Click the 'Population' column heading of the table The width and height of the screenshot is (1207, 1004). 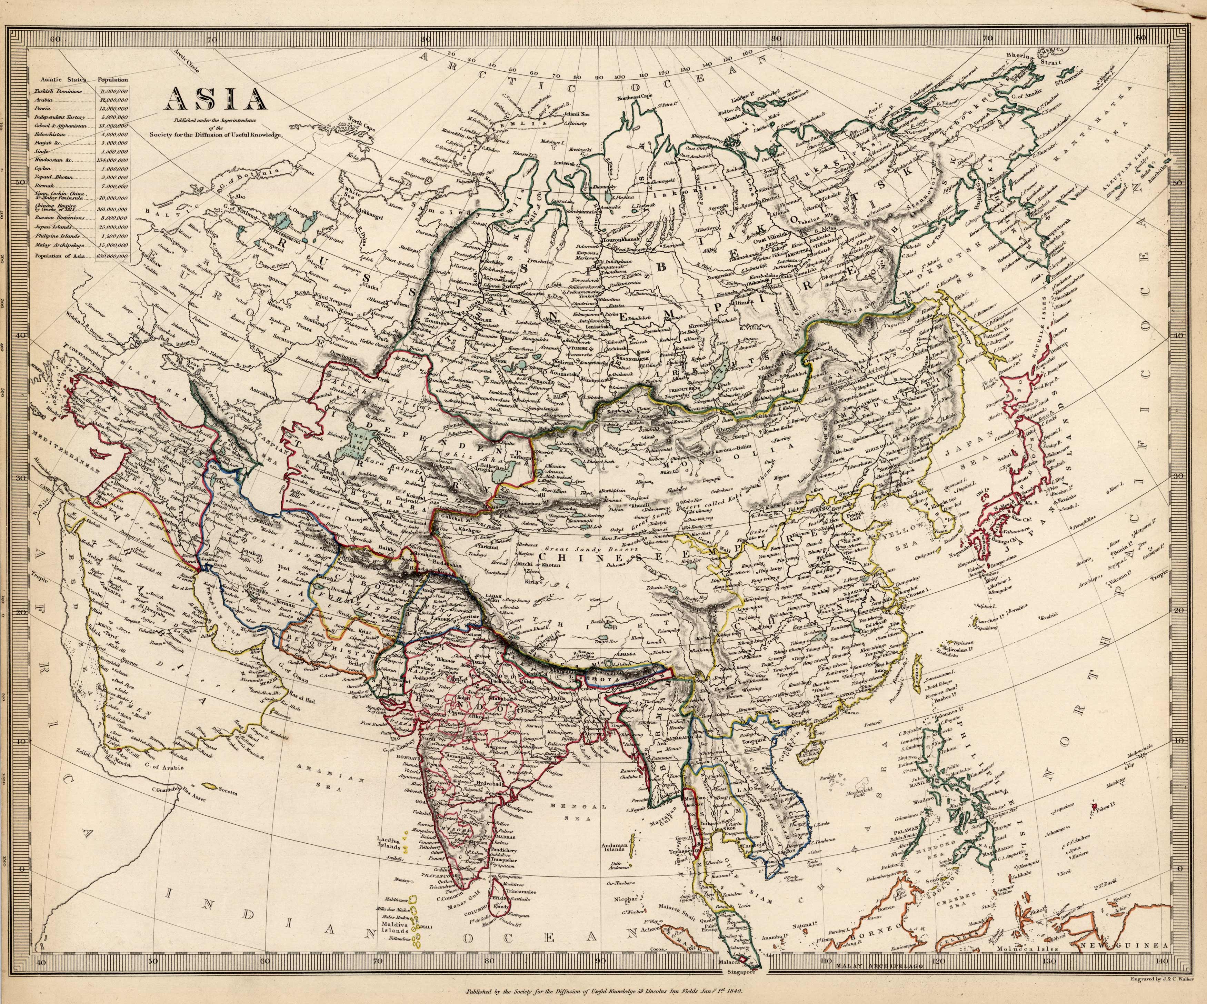pyautogui.click(x=113, y=80)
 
